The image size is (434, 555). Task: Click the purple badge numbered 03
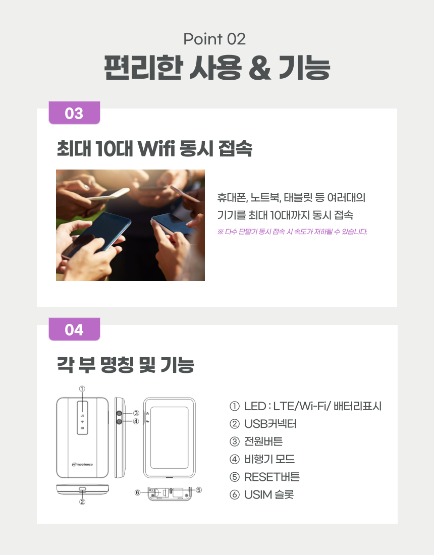[74, 113]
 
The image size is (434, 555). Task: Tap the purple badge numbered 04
[74, 329]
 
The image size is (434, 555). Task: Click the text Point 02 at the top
[214, 39]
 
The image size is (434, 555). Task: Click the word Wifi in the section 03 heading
[156, 148]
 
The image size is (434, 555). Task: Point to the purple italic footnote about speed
[292, 232]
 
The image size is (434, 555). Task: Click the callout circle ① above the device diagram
[82, 388]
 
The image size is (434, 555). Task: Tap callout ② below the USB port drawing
[82, 502]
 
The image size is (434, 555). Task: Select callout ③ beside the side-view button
[136, 413]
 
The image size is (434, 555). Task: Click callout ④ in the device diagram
[136, 421]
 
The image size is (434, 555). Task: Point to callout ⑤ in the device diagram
[199, 490]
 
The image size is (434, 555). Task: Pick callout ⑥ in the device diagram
[138, 492]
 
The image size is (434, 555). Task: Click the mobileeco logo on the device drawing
[82, 464]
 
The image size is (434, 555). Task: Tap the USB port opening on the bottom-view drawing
[82, 490]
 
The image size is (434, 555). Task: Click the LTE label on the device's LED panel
[82, 415]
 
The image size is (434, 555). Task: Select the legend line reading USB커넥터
[263, 424]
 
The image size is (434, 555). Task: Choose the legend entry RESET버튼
[264, 477]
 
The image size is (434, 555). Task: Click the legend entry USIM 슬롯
[261, 494]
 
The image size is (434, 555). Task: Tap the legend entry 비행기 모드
[262, 459]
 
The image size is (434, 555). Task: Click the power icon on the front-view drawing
[147, 413]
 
